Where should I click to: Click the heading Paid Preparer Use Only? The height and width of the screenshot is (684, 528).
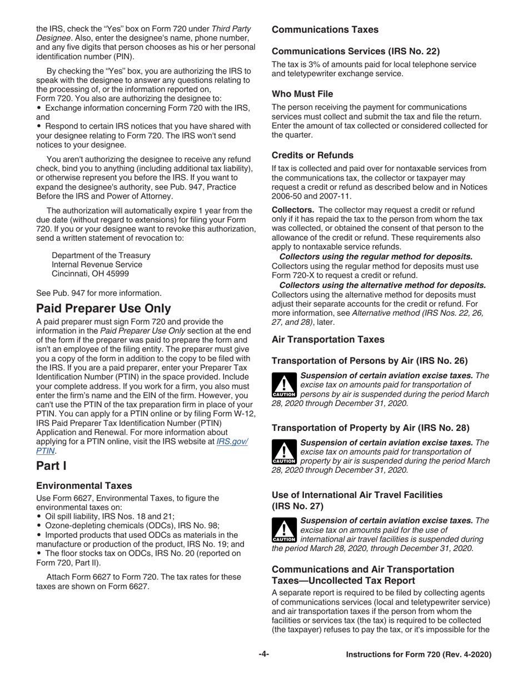click(103, 309)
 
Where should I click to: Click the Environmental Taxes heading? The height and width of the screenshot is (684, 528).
click(84, 485)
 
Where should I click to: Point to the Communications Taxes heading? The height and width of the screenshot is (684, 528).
click(325, 29)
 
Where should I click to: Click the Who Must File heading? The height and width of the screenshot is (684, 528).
click(302, 94)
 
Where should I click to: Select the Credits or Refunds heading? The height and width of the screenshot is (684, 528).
click(312, 155)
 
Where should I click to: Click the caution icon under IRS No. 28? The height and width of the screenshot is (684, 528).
click(284, 452)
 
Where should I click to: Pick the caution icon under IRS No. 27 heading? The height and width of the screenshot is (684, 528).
click(284, 529)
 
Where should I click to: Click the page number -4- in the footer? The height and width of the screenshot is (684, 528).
click(263, 655)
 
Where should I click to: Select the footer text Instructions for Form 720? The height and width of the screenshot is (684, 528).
click(419, 655)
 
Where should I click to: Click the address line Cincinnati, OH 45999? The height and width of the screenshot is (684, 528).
click(90, 274)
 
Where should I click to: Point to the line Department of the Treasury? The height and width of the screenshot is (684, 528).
click(101, 255)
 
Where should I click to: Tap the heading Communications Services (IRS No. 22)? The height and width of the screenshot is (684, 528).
click(356, 52)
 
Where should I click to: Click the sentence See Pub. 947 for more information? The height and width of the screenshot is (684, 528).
click(99, 293)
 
